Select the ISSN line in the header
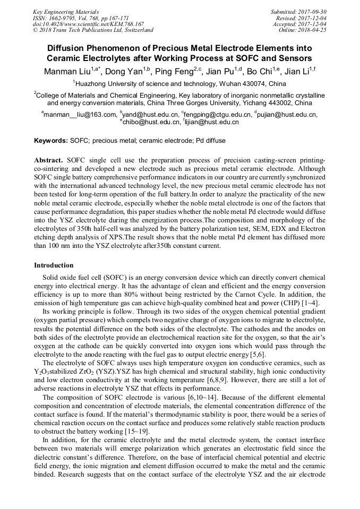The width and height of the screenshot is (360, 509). (76, 18)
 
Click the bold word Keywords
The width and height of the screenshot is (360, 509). (50, 141)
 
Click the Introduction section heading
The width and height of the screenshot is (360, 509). (54, 265)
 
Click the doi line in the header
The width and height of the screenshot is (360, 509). (88, 24)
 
